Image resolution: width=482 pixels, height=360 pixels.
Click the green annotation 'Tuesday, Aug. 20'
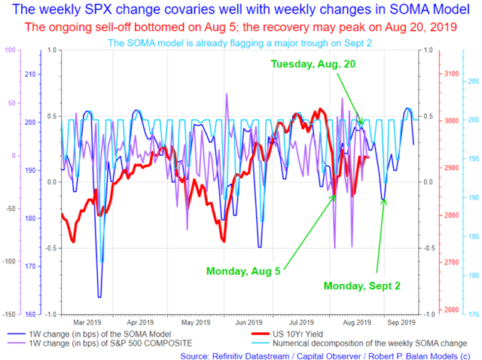(313, 64)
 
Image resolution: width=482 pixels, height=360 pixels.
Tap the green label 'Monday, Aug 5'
(243, 271)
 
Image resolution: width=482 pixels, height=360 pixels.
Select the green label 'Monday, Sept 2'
(361, 286)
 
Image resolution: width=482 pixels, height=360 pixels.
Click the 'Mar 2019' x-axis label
(87, 322)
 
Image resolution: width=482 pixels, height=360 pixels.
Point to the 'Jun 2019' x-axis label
(249, 322)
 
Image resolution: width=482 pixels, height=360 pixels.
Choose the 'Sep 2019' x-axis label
(401, 322)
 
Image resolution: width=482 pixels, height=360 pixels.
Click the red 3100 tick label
(452, 74)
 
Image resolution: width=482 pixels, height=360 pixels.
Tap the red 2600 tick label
(452, 310)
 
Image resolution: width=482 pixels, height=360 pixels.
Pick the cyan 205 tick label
(474, 81)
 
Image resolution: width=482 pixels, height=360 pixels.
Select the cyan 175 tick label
(474, 314)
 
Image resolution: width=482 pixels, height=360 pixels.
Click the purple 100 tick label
(10, 50)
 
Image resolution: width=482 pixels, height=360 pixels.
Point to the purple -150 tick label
(9, 315)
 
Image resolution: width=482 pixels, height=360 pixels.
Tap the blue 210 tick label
(30, 75)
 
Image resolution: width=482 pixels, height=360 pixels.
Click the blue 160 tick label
(30, 315)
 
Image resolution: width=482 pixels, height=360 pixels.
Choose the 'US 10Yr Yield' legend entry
(287, 334)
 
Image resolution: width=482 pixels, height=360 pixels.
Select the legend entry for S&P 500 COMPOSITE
(100, 343)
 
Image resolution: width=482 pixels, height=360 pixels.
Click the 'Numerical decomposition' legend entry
(359, 343)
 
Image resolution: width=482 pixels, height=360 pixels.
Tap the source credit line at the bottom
(325, 356)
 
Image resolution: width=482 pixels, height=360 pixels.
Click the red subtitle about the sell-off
(241, 27)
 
